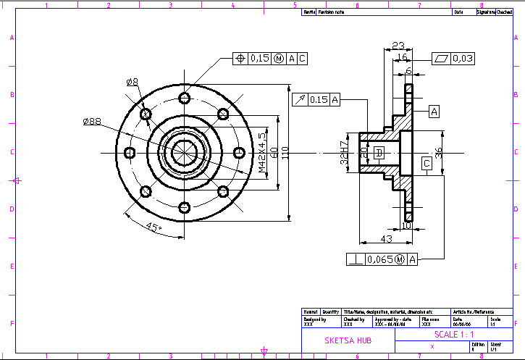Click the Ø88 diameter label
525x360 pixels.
(92, 121)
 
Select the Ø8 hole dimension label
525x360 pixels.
(132, 82)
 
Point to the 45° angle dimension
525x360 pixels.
(154, 227)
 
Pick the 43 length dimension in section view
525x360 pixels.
(386, 239)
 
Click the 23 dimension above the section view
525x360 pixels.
(398, 46)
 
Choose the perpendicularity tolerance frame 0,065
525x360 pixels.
(382, 259)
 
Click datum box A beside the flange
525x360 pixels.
(434, 111)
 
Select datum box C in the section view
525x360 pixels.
(427, 164)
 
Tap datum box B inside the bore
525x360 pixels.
(379, 153)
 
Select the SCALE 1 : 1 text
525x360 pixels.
(454, 335)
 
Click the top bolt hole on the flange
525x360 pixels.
(185, 98)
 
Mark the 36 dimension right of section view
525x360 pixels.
(438, 152)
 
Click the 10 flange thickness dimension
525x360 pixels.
(406, 225)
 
